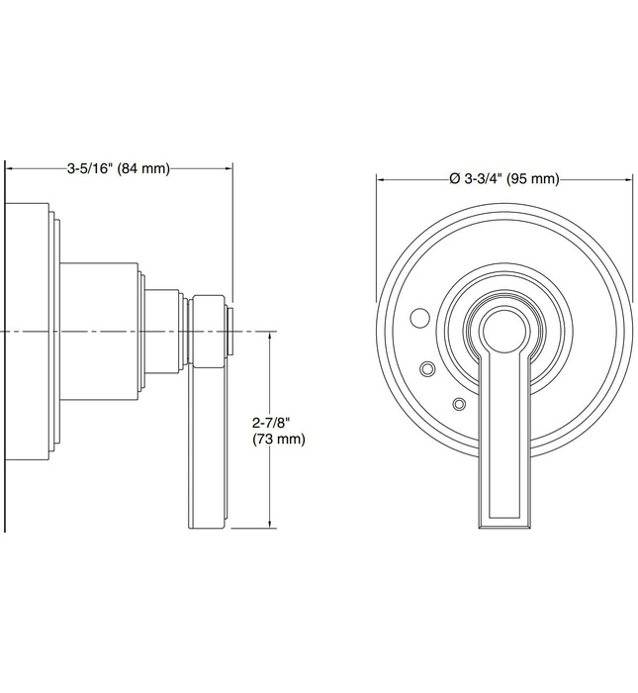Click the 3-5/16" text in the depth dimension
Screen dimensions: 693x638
coord(90,168)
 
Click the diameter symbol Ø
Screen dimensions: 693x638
coord(453,179)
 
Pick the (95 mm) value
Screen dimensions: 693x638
coord(534,179)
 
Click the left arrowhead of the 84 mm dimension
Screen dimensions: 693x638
coord(13,168)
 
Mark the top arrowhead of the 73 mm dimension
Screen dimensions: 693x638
coord(270,336)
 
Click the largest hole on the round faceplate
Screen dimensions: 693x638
coord(419,319)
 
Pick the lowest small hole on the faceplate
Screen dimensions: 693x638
coord(458,403)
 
